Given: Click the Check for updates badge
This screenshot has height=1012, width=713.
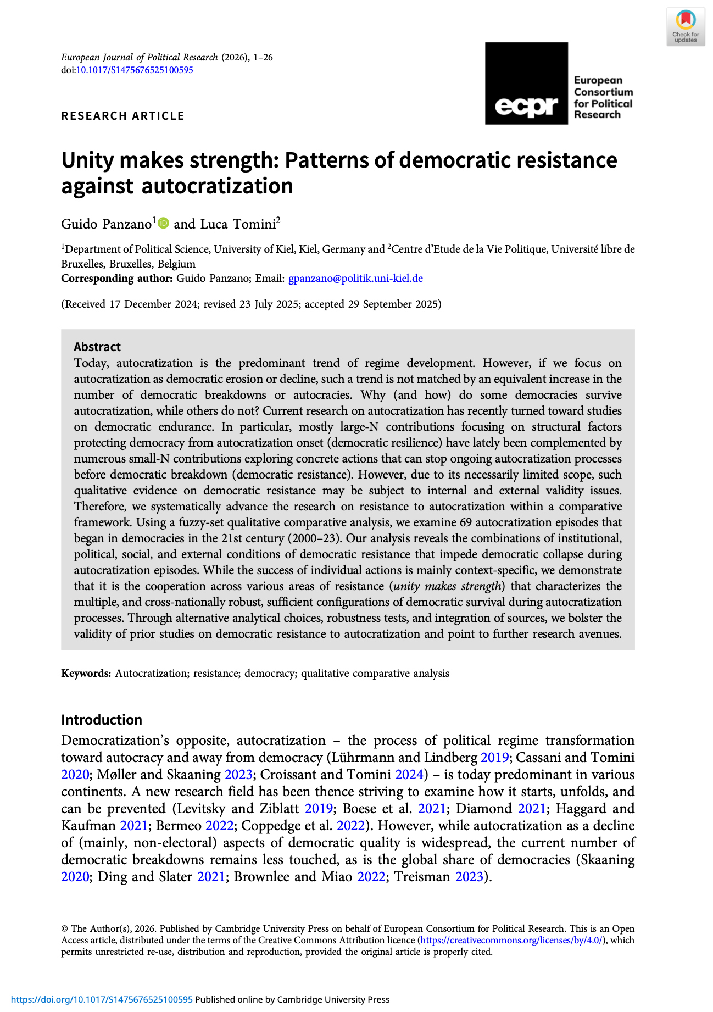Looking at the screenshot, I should point(686,27).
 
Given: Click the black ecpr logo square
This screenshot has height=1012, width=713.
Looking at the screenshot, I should point(526,83).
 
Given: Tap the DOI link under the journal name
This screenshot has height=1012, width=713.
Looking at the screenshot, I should point(134,70).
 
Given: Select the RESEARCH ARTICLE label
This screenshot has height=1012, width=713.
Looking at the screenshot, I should point(122,116).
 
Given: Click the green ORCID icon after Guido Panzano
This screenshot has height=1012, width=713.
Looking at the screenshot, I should point(163,223).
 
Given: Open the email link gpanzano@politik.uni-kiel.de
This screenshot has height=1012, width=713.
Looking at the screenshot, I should point(355,279).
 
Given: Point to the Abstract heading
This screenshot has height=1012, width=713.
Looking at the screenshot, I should point(97,347).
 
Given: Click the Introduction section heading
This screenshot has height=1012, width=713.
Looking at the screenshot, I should point(102,720).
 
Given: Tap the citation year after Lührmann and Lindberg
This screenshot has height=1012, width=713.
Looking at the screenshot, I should point(494,758).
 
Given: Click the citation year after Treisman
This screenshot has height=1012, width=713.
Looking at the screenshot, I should point(469,877).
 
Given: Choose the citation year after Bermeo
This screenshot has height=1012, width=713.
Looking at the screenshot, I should point(219,826).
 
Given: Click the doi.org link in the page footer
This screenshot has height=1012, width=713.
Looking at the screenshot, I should point(102,1000).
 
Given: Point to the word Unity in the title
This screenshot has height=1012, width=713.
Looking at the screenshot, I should point(87,160).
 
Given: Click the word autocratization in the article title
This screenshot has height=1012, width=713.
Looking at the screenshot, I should point(218,186).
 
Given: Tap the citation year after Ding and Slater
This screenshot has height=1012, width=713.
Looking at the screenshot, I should point(211,877).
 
